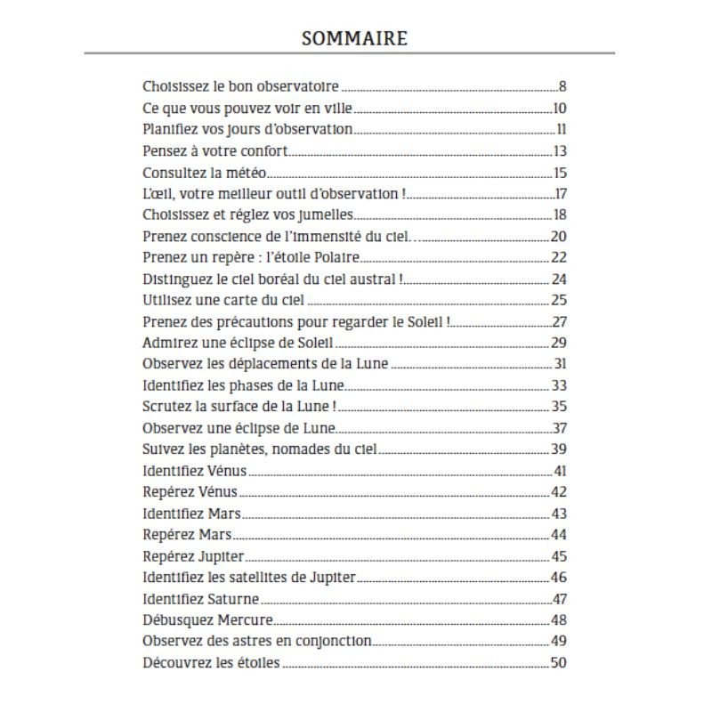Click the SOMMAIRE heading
point(354,38)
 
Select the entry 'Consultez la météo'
point(205,173)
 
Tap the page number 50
point(559,662)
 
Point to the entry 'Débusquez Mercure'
point(207,619)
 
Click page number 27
point(559,322)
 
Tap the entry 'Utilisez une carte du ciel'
point(223,300)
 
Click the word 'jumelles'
point(328,215)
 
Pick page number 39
point(559,449)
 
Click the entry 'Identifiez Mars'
point(192,514)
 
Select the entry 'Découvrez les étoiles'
point(211,662)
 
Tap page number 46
point(559,577)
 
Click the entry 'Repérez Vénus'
point(190,491)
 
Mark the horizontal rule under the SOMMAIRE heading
point(349,54)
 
